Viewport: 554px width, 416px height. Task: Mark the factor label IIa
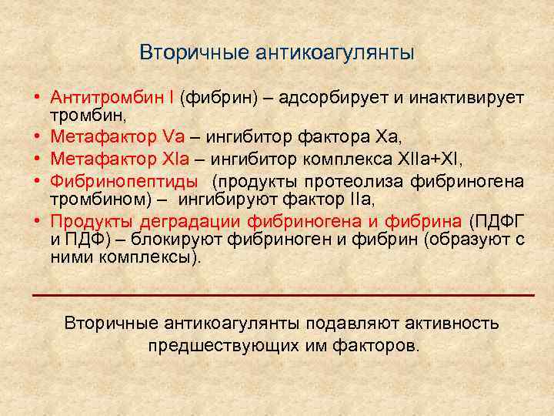362,200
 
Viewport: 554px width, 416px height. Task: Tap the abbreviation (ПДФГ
493,220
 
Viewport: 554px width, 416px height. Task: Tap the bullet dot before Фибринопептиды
37,182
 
